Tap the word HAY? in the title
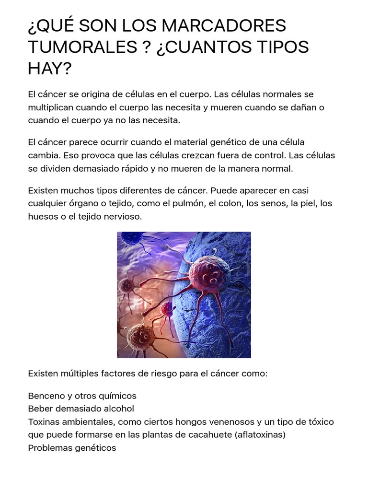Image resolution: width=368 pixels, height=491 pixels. pos(49,69)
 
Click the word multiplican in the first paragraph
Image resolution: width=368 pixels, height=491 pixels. pos(51,107)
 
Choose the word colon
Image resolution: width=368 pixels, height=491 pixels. pos(230,203)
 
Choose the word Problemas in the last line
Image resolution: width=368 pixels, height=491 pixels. pos(49,448)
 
